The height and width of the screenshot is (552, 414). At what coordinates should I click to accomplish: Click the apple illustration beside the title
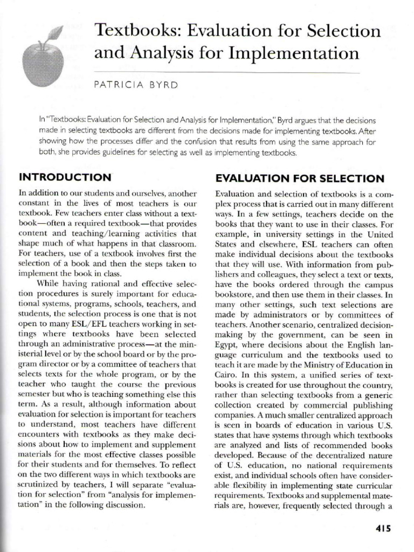coord(43,62)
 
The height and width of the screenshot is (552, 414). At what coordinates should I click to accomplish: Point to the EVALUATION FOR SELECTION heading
coord(300,178)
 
